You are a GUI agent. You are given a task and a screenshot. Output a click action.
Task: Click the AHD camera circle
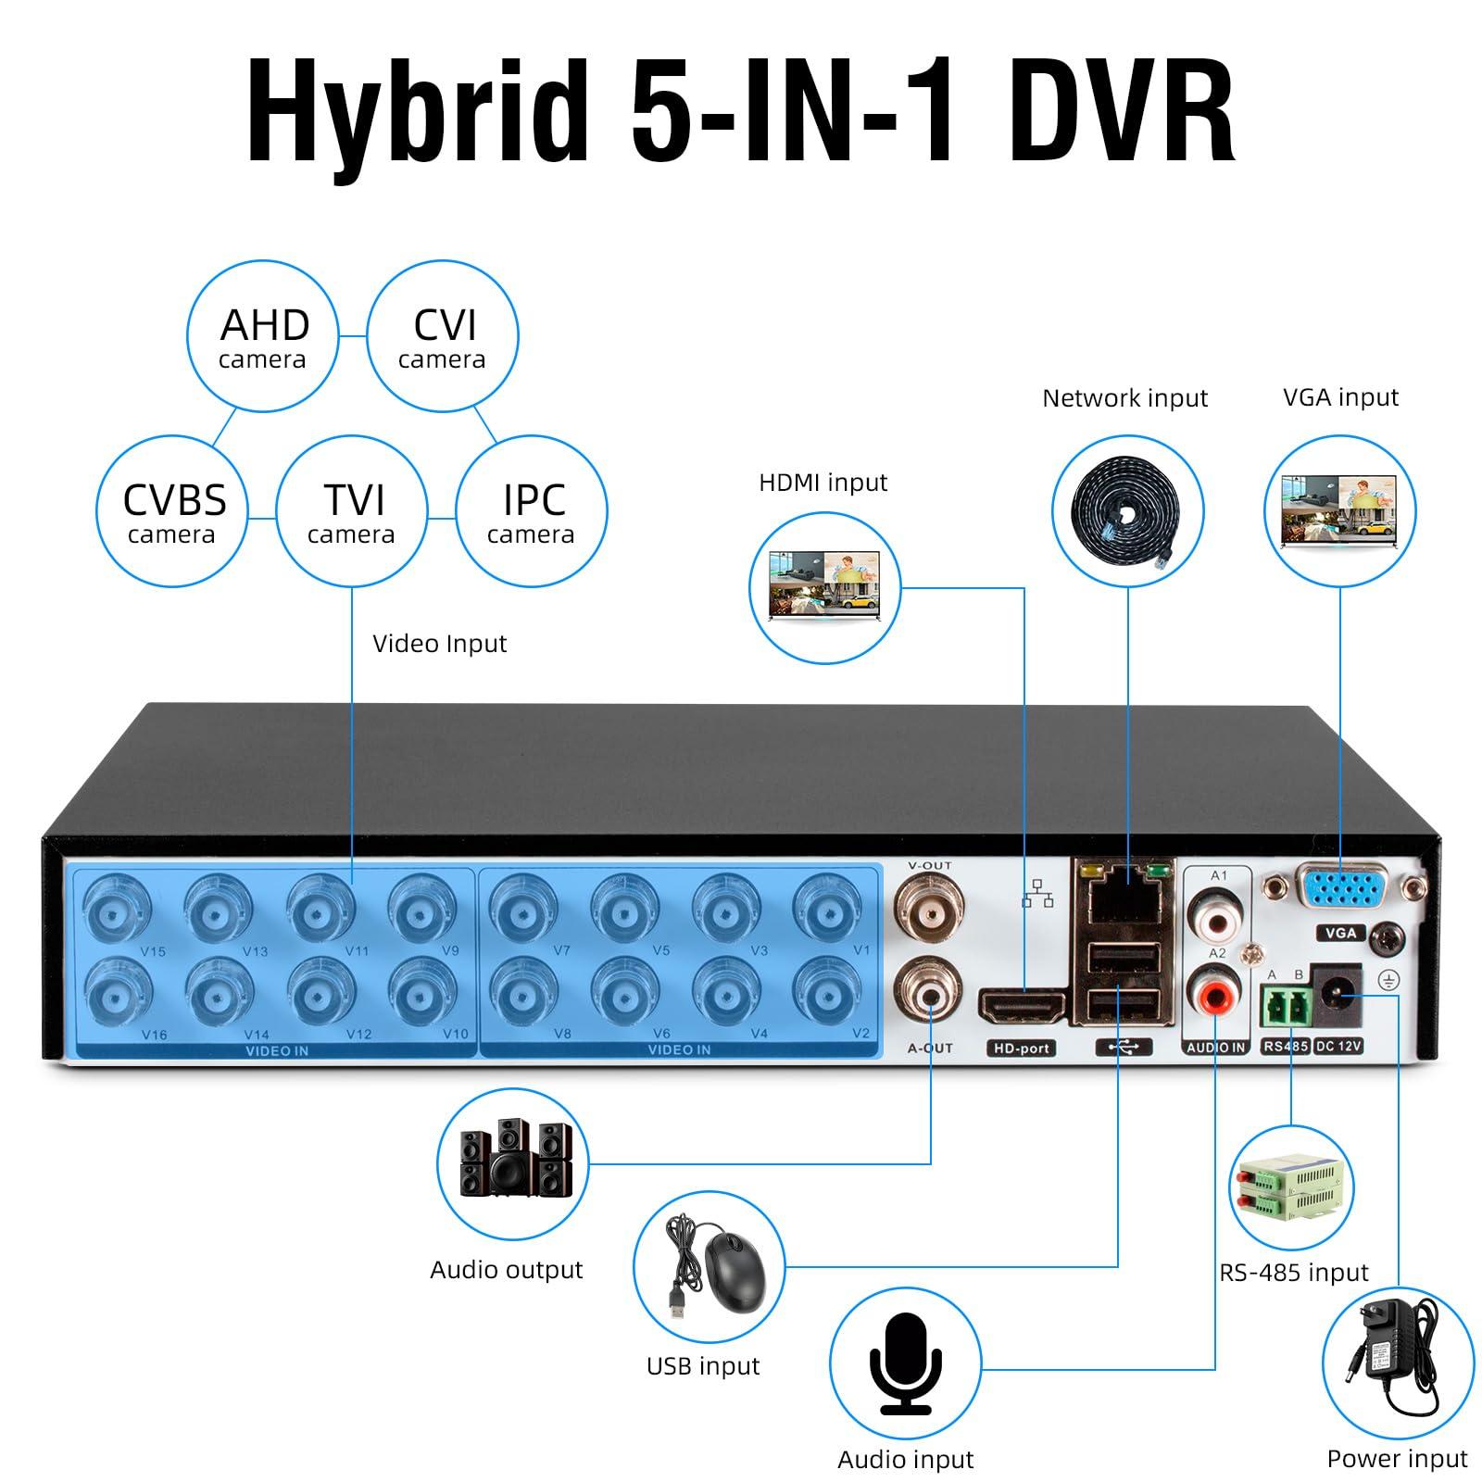pyautogui.click(x=263, y=336)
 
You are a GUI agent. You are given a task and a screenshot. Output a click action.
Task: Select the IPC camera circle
pyautogui.click(x=532, y=511)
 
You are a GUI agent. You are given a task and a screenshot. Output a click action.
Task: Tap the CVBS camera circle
pyautogui.click(x=172, y=511)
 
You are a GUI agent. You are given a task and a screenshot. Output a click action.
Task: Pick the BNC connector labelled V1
pyautogui.click(x=827, y=911)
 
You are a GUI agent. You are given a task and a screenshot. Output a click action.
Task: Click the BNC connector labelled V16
pyautogui.click(x=119, y=994)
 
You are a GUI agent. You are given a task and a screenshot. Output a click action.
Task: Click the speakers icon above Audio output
pyautogui.click(x=511, y=1163)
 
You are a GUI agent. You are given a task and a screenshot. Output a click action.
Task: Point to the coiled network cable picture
pyautogui.click(x=1127, y=510)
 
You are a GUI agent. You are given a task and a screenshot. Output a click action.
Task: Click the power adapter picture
pyautogui.click(x=1398, y=1363)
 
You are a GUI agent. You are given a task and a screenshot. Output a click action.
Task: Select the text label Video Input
pyautogui.click(x=439, y=644)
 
